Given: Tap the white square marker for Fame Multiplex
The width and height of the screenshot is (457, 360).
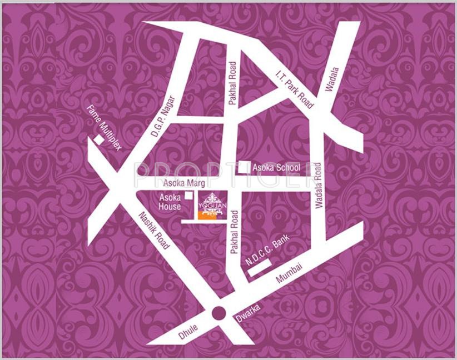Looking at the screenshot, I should [x=98, y=141].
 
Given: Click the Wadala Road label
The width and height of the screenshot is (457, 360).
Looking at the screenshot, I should [x=318, y=186].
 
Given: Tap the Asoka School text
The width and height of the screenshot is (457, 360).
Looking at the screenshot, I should [x=276, y=167].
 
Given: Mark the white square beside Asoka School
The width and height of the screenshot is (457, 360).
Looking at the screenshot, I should [x=244, y=166].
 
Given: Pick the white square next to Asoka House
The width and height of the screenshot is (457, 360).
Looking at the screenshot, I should [x=190, y=196].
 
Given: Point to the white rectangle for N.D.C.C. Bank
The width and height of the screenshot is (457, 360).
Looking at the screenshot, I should [x=260, y=268].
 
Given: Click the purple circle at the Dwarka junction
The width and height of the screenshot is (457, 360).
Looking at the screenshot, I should [x=218, y=313].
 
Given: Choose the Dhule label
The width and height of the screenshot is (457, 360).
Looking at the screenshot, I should [x=188, y=332].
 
